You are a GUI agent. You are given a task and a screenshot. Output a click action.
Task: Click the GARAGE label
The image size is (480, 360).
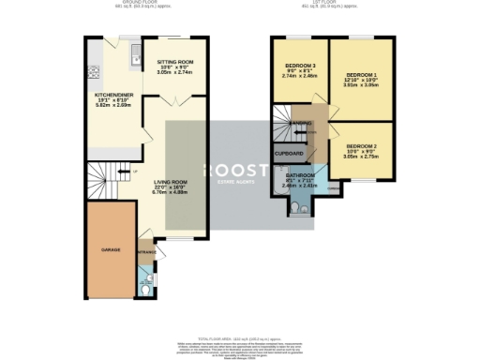[112, 250]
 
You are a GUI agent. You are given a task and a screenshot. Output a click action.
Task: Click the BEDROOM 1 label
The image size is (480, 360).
[362, 73]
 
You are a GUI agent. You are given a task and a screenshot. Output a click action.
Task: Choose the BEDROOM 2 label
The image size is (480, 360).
[361, 147]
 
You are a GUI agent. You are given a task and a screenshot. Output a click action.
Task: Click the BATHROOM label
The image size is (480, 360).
[300, 174]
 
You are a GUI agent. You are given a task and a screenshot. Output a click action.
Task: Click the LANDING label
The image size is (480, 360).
[300, 123]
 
